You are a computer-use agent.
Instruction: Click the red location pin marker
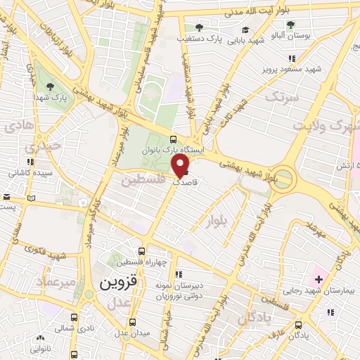181,165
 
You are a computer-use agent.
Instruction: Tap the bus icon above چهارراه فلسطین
142,251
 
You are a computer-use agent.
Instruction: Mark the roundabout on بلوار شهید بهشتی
285,178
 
